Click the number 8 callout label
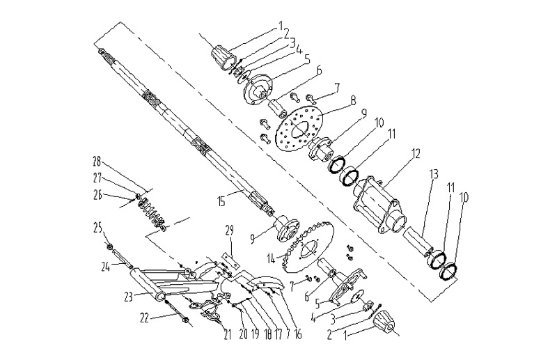click(334, 100)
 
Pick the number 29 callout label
click(228, 230)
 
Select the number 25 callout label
click(98, 227)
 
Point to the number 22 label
click(144, 318)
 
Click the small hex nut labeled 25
click(109, 246)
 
